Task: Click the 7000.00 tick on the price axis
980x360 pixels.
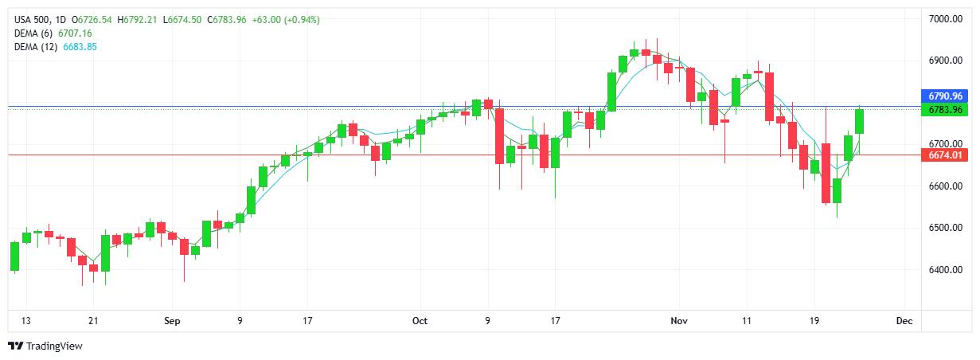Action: point(945,18)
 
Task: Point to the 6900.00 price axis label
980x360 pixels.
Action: point(945,61)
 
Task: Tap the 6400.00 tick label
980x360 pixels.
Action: point(945,270)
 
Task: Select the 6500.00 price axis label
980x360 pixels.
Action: point(945,228)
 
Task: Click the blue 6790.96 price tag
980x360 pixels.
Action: point(945,96)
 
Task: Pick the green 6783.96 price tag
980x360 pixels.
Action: point(945,109)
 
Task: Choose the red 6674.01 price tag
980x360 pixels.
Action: point(945,155)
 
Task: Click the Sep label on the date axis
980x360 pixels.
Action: point(172,321)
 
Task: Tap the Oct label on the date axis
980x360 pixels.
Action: point(420,321)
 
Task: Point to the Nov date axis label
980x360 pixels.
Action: point(678,321)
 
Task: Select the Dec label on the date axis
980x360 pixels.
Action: point(904,321)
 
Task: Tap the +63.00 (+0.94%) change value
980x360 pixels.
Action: point(286,19)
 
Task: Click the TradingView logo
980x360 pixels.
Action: point(45,346)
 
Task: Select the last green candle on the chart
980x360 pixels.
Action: point(860,121)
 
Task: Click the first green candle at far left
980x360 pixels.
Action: point(14,256)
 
